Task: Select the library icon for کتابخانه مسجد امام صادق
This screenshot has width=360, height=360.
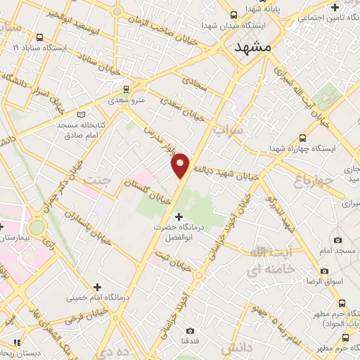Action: (80, 114)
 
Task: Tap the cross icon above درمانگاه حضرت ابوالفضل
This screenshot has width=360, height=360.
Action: (179, 216)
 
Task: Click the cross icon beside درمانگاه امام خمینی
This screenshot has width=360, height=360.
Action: (97, 287)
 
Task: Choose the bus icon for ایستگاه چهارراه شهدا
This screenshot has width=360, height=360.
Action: (302, 138)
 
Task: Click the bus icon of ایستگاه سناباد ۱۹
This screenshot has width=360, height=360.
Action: (39, 37)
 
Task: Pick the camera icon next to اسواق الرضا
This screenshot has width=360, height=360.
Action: (324, 271)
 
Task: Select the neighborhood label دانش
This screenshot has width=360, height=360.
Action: (236, 347)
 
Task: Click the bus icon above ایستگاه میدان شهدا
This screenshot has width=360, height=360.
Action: (232, 13)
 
